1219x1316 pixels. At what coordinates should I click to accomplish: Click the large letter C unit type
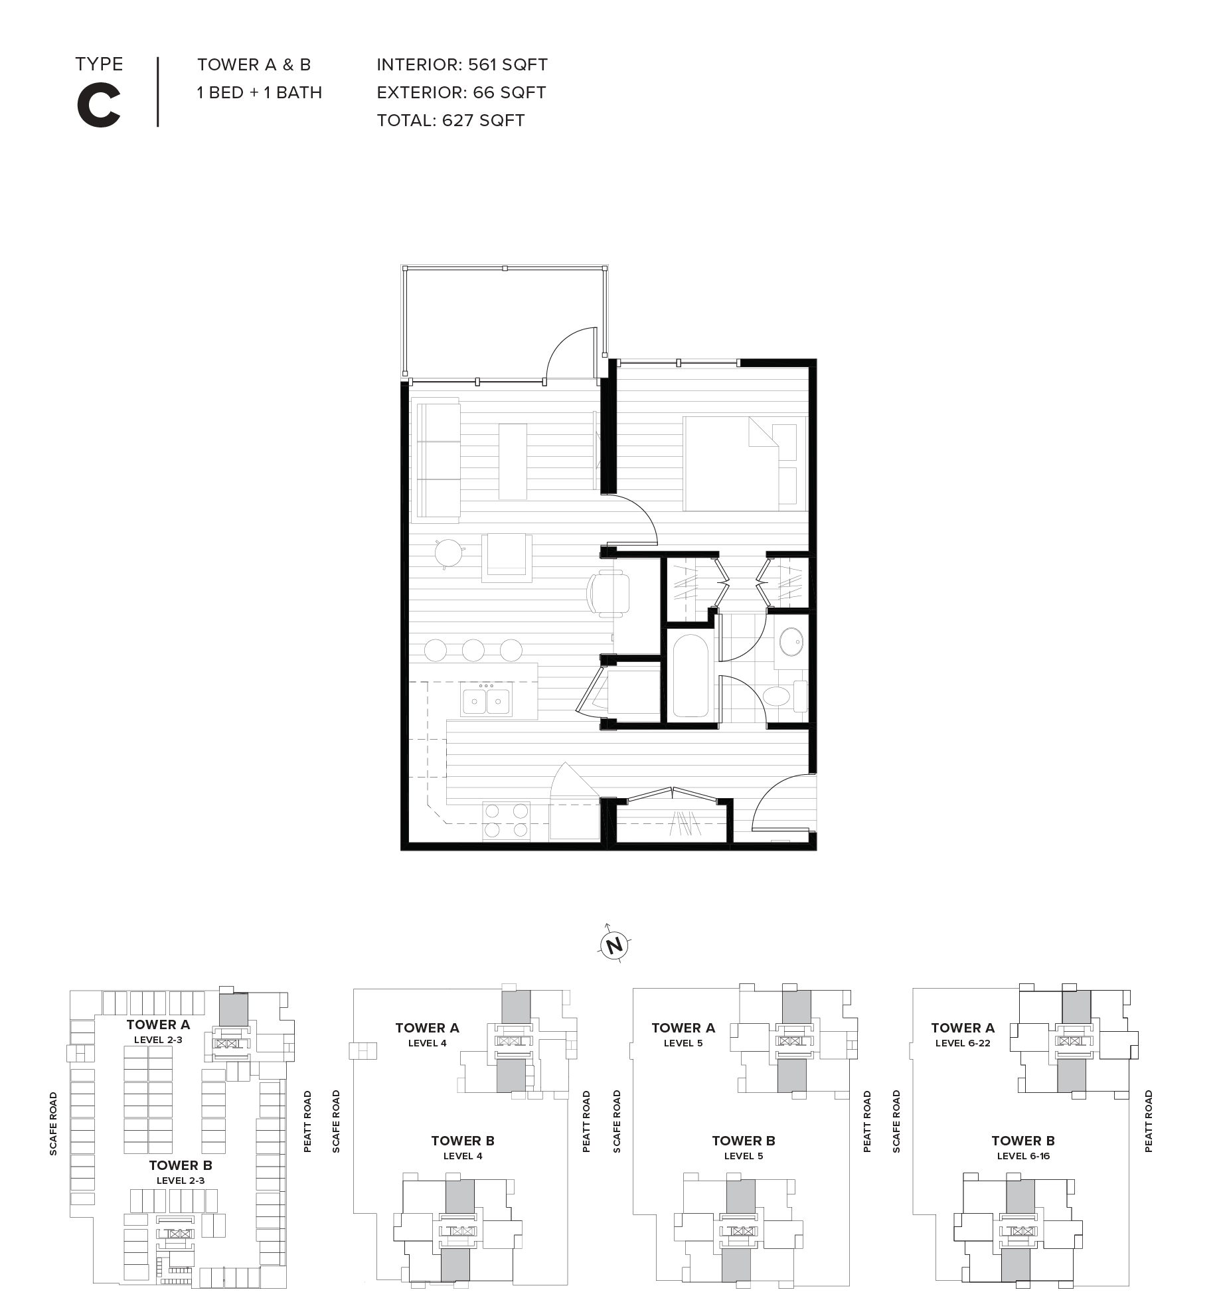coord(99,107)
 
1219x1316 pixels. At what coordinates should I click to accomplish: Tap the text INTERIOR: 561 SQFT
coord(461,64)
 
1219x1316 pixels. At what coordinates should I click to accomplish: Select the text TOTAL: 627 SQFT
coord(450,120)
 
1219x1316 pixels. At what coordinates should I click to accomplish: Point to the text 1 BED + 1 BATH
coord(259,92)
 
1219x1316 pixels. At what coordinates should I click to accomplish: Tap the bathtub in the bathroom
coord(691,675)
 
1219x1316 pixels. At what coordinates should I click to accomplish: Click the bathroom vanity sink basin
coord(790,641)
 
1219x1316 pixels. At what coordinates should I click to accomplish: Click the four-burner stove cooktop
coord(507,821)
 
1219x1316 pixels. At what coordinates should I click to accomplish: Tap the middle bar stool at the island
coord(473,650)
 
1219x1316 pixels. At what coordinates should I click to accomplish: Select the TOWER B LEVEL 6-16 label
coord(1022,1147)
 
